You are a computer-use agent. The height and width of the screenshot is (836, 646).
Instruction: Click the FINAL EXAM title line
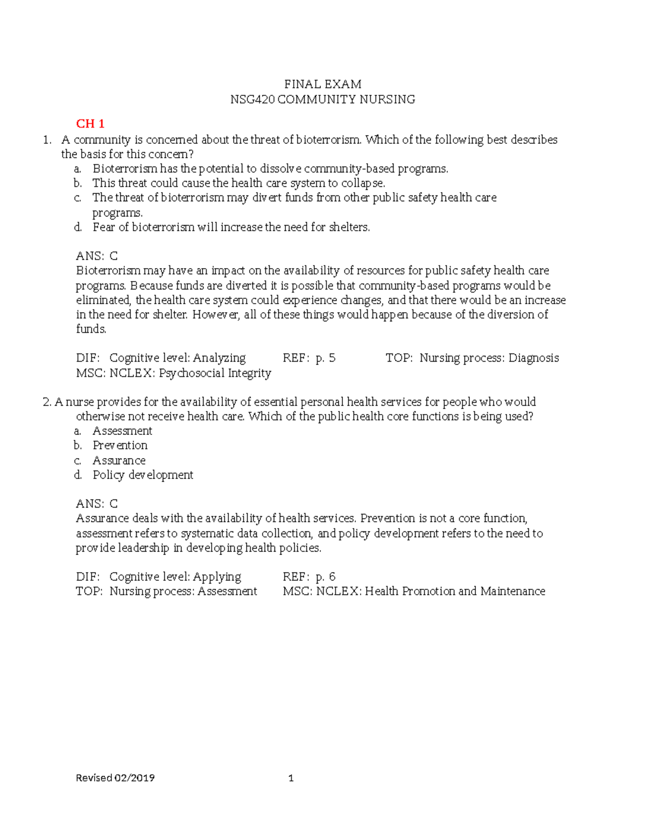tap(322, 84)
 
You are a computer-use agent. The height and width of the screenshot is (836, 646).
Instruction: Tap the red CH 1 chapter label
tap(90, 124)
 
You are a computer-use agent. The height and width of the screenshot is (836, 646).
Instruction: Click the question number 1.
tap(47, 140)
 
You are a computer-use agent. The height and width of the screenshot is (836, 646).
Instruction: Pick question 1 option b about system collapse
tap(238, 183)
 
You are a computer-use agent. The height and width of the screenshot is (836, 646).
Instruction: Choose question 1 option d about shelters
tap(231, 227)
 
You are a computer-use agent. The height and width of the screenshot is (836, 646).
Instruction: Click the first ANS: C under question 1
tap(97, 256)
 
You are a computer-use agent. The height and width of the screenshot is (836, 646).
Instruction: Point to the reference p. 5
tap(325, 358)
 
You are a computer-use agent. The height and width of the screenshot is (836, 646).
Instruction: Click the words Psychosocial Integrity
tap(215, 373)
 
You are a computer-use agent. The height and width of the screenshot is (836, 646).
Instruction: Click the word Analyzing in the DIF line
tap(219, 358)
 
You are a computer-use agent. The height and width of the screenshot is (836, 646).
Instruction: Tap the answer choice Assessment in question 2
tap(122, 431)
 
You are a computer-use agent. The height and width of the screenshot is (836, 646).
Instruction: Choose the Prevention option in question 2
tap(120, 445)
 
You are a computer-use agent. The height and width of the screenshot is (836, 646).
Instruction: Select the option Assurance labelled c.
tap(119, 460)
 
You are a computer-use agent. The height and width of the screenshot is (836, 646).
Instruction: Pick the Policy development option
tap(143, 475)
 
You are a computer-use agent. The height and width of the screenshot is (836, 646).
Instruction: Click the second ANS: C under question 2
tap(97, 504)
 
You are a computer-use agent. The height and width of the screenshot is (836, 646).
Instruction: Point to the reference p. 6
tap(325, 577)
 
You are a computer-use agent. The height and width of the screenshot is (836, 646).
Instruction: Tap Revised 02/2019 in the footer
tap(115, 778)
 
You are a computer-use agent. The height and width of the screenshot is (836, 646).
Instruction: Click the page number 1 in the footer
tap(291, 778)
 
